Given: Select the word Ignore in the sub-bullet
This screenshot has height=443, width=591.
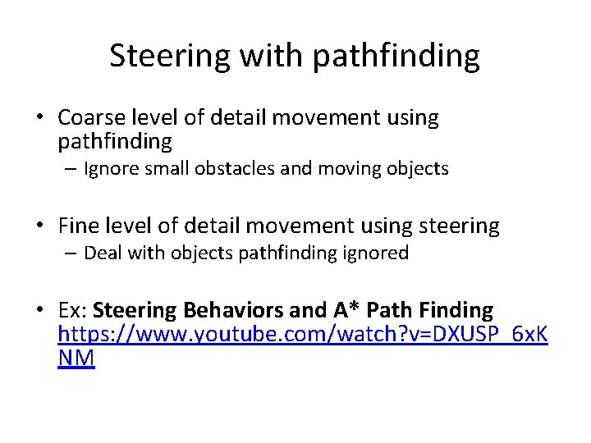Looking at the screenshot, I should (111, 169).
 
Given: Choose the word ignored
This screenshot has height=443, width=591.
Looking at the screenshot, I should (375, 253).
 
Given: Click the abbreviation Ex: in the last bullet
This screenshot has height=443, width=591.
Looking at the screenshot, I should (74, 310).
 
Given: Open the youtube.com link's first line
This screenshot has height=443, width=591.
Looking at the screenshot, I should (303, 334).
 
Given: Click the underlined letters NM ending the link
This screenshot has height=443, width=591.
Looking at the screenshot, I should (76, 359).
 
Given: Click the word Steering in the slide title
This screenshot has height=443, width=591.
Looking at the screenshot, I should (171, 57).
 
